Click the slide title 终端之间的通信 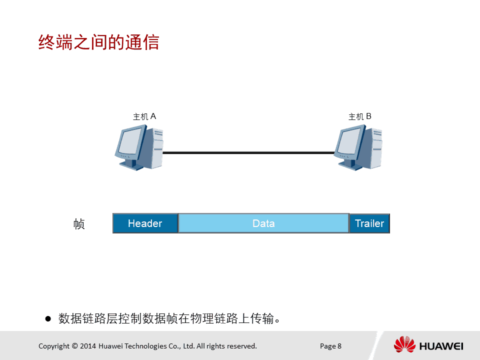(98, 42)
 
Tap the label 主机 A (144, 116)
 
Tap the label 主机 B (360, 116)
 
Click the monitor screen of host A (130, 141)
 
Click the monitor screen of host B (349, 141)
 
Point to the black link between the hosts (248, 152)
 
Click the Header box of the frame (145, 223)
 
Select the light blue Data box (263, 223)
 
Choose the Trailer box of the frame (369, 223)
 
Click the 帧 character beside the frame (79, 224)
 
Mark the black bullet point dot (48, 318)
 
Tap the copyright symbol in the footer (74, 346)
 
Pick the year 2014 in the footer (88, 346)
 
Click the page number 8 (339, 346)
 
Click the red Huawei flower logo (404, 344)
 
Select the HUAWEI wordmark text (441, 346)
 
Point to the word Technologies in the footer (145, 346)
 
